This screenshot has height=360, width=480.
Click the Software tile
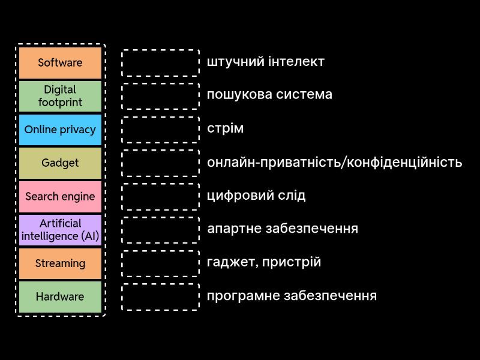click(x=60, y=62)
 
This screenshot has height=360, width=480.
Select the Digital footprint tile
click(x=60, y=96)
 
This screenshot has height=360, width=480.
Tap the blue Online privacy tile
click(x=60, y=130)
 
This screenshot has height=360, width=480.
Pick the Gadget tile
click(x=60, y=163)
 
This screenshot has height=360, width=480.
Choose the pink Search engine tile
click(x=60, y=196)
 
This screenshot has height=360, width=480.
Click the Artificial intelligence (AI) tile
click(x=60, y=230)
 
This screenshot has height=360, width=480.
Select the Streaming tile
click(x=60, y=263)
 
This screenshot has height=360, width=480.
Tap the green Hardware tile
click(x=60, y=297)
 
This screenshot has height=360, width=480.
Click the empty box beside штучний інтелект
click(x=160, y=62)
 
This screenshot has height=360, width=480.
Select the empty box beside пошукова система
click(x=160, y=96)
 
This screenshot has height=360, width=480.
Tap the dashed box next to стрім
click(x=160, y=130)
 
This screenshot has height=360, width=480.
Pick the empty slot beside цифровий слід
click(x=160, y=196)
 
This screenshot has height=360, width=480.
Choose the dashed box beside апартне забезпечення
click(x=160, y=230)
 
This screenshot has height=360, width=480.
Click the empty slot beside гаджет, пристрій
click(x=160, y=263)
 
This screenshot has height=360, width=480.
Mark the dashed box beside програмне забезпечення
click(x=160, y=297)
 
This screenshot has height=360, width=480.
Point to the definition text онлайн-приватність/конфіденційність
click(x=334, y=162)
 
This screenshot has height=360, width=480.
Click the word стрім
click(x=225, y=128)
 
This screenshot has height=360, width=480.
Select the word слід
click(x=292, y=196)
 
